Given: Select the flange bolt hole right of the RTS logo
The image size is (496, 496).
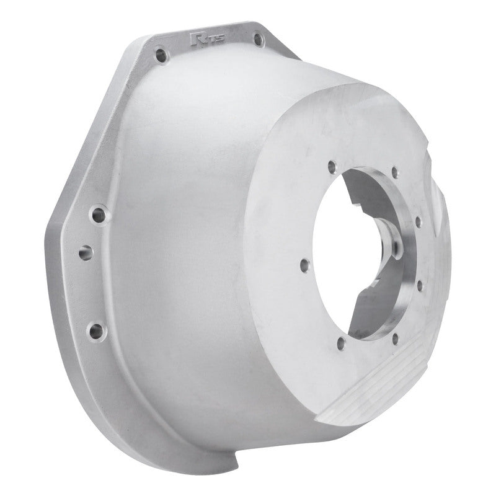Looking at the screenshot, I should point(257,40).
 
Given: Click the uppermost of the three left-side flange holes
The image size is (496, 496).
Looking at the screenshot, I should point(97,216).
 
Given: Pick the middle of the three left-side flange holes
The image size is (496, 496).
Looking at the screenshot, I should point(86,253).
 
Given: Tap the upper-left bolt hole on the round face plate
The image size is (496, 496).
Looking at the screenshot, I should point(332,166).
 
